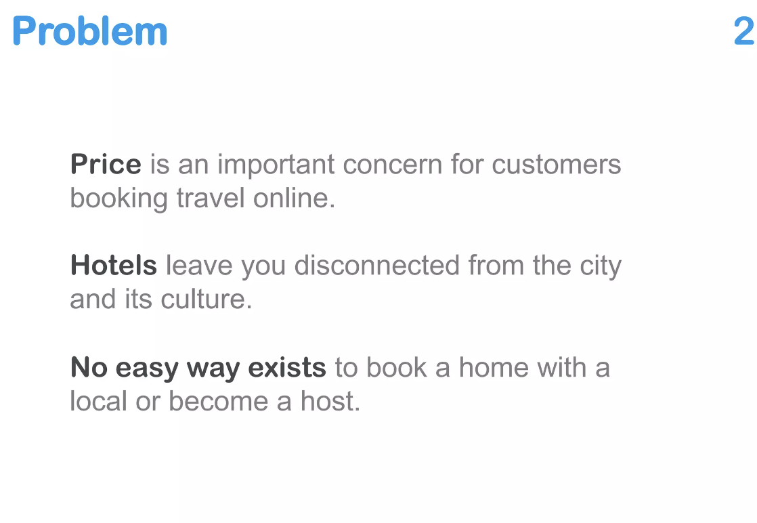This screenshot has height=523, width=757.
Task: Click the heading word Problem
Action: [x=90, y=32]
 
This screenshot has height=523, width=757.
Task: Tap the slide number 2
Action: [x=743, y=32]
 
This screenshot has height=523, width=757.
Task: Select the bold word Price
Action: [x=106, y=165]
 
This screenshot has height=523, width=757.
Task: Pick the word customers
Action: [x=556, y=165]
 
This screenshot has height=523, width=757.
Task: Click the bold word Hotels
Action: [x=113, y=266]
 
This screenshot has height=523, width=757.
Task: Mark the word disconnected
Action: [x=376, y=266]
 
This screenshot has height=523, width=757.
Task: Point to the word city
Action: [x=601, y=266]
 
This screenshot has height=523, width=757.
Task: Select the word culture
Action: [x=206, y=299]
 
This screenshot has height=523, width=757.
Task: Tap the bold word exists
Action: [x=287, y=368]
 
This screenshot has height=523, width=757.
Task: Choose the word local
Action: [x=99, y=401]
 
